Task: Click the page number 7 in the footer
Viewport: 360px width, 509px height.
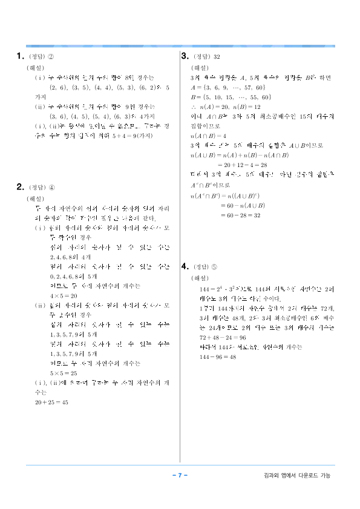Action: [x=180, y=475]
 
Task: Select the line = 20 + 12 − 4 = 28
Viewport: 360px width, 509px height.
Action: [x=241, y=164]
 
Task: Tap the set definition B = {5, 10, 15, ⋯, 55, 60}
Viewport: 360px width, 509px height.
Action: [x=231, y=97]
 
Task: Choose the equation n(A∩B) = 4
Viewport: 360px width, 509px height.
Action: [x=208, y=136]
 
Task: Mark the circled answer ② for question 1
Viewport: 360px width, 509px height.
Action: [x=51, y=58]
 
